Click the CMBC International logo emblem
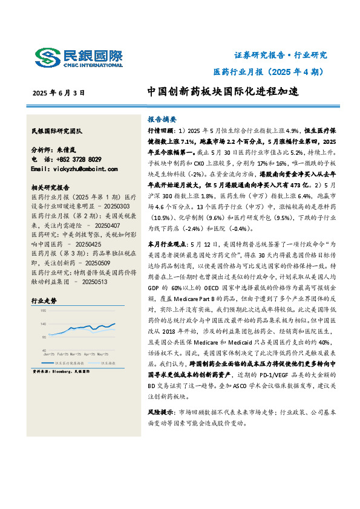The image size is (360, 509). pos(46,57)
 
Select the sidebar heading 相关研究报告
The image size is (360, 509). pos(50,187)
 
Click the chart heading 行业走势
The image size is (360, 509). pos(44,300)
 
